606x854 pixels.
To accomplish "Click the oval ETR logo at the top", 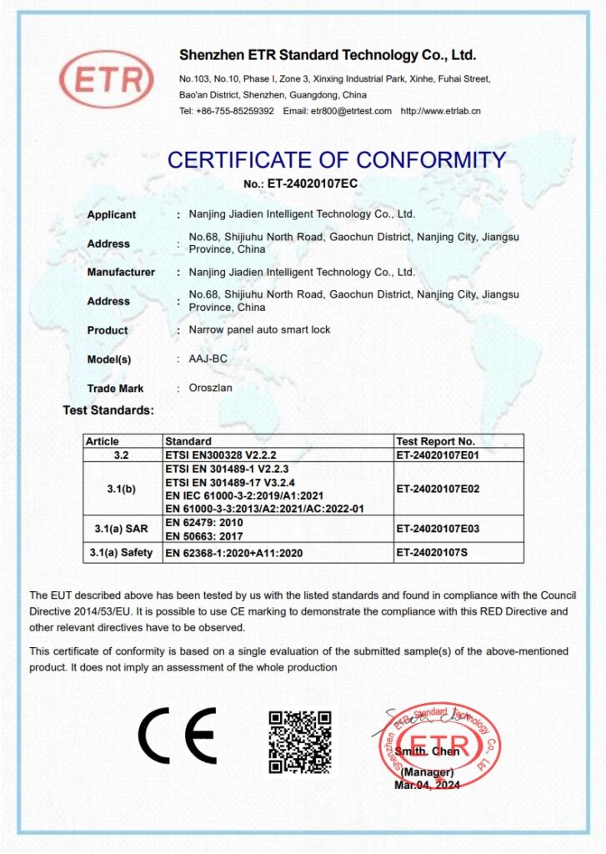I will [x=106, y=79].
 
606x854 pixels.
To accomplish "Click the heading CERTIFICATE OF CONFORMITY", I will [x=336, y=159].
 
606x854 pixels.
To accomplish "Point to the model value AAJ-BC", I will [x=208, y=359].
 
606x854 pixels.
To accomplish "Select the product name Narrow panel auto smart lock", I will [x=259, y=330].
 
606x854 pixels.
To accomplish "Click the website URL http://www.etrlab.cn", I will [x=440, y=112].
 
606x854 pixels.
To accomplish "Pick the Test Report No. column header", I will [x=435, y=441].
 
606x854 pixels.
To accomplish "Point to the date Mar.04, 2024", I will [x=427, y=785].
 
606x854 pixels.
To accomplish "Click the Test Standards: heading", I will [x=108, y=410].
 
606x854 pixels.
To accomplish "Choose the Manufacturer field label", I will [x=121, y=272].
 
